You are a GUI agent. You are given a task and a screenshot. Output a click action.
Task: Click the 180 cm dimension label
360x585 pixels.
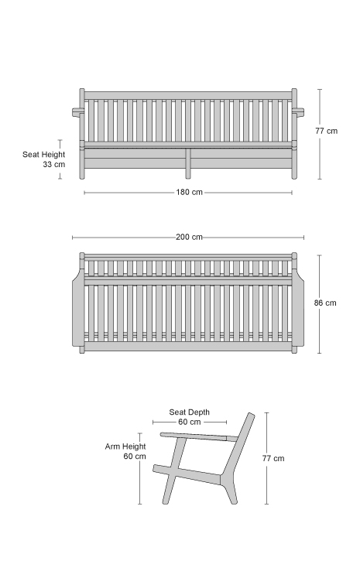190,192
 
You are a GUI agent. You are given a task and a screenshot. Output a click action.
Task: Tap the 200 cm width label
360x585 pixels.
190,237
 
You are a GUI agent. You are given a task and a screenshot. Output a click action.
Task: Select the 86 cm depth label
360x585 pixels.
325,303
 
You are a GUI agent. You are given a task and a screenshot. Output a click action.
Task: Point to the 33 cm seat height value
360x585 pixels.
53,164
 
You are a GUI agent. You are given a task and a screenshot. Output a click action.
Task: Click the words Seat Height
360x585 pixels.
43,155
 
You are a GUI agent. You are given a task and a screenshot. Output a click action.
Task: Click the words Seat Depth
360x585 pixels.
190,412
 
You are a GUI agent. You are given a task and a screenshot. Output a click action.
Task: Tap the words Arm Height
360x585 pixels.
125,446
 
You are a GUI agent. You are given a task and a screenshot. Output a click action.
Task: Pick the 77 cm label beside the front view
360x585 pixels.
327,131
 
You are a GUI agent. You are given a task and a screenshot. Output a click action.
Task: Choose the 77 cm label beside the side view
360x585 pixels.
273,459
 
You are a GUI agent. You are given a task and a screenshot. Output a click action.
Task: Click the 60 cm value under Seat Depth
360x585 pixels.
190,422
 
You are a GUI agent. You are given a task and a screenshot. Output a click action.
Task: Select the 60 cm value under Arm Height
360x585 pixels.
135,457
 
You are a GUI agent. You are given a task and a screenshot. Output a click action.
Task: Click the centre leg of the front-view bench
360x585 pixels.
188,163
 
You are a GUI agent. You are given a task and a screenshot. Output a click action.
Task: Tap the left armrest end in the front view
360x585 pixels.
76,111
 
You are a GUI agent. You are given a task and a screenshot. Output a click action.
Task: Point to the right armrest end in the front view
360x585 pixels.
298,111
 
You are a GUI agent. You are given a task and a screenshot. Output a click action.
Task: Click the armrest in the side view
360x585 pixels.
199,436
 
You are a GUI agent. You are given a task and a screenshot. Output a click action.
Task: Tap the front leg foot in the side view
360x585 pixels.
166,501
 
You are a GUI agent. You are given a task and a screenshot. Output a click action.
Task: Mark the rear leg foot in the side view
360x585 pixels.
233,501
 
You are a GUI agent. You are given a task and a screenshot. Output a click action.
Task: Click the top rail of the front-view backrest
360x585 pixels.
188,96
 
